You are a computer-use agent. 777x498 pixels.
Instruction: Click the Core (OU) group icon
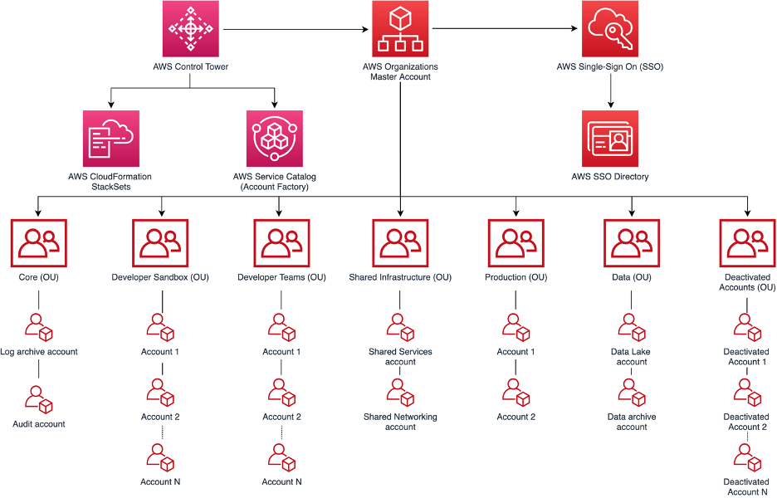[39, 242]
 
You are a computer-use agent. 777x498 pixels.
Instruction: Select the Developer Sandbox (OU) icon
[160, 242]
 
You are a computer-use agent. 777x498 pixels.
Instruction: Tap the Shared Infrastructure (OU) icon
[400, 242]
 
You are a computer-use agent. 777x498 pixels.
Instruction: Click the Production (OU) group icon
[516, 242]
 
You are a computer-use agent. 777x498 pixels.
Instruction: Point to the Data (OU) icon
[632, 242]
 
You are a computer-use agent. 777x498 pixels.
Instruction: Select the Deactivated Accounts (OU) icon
[746, 242]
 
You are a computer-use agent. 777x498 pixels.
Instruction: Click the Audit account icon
[39, 399]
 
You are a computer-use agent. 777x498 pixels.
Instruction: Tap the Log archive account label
[39, 352]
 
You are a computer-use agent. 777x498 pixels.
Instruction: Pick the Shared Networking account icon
[400, 393]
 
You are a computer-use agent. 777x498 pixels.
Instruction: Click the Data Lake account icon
[632, 328]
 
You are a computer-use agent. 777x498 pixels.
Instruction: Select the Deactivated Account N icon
[746, 457]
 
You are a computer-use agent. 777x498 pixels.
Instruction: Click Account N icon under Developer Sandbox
[160, 457]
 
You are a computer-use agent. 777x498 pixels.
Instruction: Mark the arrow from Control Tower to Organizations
[295, 30]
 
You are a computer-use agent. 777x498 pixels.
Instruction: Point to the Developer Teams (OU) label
[281, 277]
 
